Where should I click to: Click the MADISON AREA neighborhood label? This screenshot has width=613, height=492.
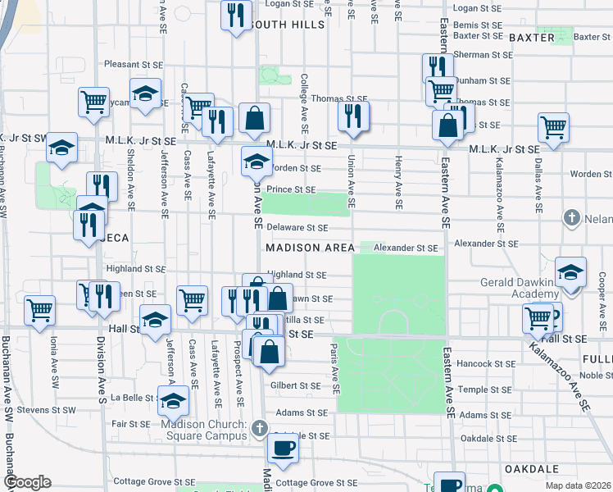310,248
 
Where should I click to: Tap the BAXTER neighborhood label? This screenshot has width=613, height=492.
532,38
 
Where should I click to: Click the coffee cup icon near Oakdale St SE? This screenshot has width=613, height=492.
284,448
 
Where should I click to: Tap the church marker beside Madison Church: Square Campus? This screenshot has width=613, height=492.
260,428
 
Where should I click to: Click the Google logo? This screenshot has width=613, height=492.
27,482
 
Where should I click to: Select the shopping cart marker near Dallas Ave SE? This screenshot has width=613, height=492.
554,127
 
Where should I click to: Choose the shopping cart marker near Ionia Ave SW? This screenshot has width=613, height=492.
39,310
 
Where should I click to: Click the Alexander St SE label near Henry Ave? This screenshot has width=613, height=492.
406,247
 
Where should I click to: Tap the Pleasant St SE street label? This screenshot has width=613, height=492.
135,64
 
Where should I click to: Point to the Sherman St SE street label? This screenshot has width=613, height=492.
483,54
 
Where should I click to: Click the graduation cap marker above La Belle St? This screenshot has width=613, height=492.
173,401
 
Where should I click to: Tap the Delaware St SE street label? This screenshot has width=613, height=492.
297,227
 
